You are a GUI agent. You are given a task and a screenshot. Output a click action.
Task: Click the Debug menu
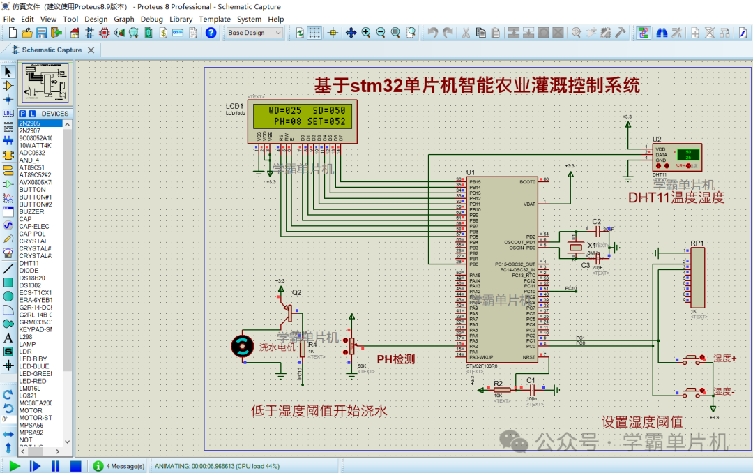click(x=151, y=19)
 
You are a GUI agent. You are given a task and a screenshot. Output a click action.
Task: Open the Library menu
click(x=181, y=19)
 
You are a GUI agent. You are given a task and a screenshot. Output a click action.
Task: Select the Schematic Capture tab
click(x=52, y=50)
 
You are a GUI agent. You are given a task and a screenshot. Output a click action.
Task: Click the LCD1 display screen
click(x=302, y=116)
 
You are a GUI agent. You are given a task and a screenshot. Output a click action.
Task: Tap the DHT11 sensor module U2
click(x=677, y=157)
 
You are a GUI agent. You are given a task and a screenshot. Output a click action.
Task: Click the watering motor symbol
click(x=243, y=346)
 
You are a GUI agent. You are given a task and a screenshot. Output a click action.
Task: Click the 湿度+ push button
click(x=693, y=359)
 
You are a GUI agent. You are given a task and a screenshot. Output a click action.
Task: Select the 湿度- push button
click(x=693, y=392)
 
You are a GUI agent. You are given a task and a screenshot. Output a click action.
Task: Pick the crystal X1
click(x=576, y=247)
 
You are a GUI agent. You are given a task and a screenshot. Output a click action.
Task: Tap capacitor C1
click(x=531, y=389)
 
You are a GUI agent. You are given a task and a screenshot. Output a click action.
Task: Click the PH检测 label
click(x=395, y=359)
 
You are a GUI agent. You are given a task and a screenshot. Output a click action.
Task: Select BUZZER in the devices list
click(x=32, y=211)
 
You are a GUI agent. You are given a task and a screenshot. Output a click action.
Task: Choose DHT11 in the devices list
click(x=29, y=263)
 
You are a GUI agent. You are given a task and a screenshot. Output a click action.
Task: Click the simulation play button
click(x=14, y=465)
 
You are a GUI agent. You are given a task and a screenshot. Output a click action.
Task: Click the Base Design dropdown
click(x=254, y=33)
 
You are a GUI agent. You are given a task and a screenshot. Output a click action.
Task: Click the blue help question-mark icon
click(x=211, y=33)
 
